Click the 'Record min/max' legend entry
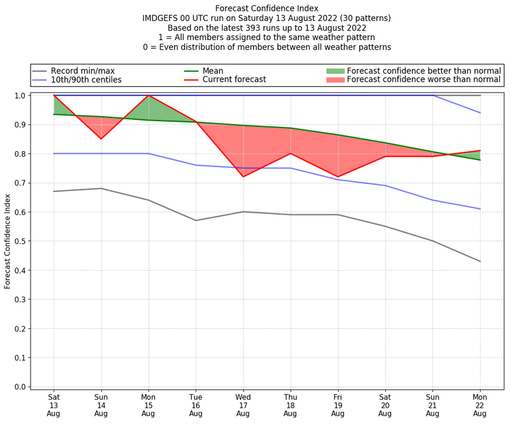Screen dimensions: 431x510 coord(82,70)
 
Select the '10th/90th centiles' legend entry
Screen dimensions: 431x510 coord(86,80)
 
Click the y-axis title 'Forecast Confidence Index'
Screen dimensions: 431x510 coord(8,242)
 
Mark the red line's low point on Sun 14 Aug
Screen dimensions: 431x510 coord(101,139)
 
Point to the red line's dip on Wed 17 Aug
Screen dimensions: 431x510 coord(243,177)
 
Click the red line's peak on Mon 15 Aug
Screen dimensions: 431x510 coord(149,96)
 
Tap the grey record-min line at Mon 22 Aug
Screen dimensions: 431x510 coord(480,261)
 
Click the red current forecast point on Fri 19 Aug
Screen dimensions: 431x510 coord(338,177)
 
